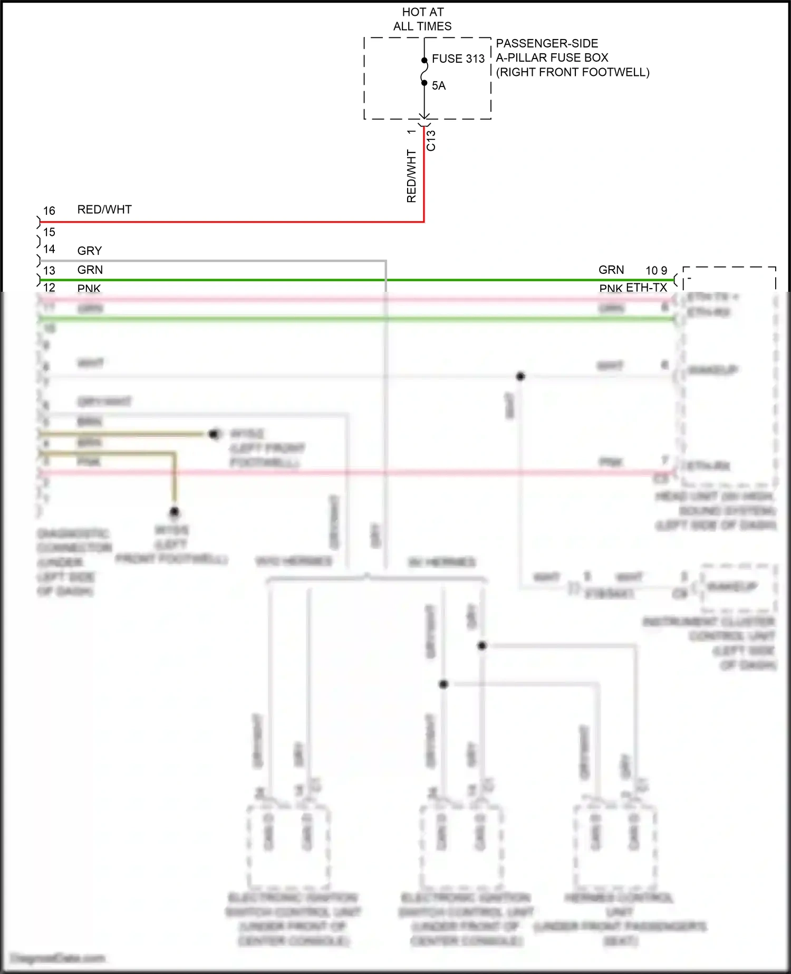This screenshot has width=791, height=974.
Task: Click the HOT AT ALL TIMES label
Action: [x=422, y=19]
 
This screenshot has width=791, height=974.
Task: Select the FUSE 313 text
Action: [x=458, y=59]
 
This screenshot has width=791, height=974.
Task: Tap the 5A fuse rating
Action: [x=439, y=85]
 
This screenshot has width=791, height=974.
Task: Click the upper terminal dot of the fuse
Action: [x=425, y=60]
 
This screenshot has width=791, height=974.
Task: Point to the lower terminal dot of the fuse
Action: [x=425, y=83]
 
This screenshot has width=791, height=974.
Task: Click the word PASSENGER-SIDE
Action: [x=547, y=43]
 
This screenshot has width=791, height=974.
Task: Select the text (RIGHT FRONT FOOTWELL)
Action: [x=573, y=72]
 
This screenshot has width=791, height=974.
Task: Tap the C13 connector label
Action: [x=431, y=140]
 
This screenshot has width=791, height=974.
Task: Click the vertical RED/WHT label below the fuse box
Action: [x=411, y=176]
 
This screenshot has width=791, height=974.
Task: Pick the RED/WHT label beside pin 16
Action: [x=104, y=209]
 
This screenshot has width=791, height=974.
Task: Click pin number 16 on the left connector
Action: [x=49, y=211]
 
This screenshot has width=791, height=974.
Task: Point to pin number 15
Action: [x=49, y=232]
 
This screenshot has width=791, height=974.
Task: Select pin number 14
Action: [x=49, y=249]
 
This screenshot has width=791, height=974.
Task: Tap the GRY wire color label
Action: [x=90, y=251]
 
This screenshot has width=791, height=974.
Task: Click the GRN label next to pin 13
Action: [x=90, y=270]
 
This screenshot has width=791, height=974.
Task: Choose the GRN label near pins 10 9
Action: [x=611, y=270]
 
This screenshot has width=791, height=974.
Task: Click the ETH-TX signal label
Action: [x=647, y=288]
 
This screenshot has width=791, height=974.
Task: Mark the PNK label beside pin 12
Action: [x=89, y=288]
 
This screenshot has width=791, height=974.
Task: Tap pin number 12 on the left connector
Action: [x=49, y=288]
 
